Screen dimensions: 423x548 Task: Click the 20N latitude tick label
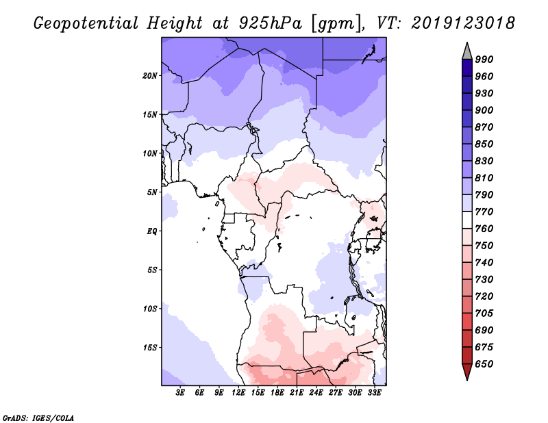(150, 75)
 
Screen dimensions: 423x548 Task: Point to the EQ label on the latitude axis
(151, 231)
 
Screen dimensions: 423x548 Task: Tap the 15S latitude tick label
(150, 347)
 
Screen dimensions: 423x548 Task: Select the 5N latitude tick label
(152, 192)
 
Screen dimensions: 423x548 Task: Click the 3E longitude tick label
(181, 393)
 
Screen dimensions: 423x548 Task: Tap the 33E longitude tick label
(375, 393)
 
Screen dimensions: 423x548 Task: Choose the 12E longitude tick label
(239, 393)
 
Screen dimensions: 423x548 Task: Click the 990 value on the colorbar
(484, 60)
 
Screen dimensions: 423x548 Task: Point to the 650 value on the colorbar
(484, 364)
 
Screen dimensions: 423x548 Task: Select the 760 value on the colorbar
(484, 229)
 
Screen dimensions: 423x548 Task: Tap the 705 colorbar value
(484, 313)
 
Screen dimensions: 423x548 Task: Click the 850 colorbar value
(484, 144)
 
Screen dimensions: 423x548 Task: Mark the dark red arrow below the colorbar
(467, 372)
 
